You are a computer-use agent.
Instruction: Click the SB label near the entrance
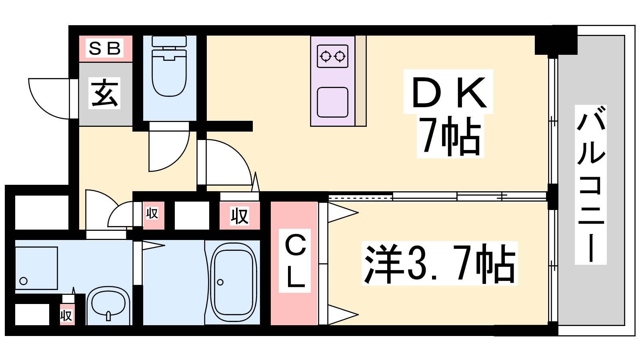105,48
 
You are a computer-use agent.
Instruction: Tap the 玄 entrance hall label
105,93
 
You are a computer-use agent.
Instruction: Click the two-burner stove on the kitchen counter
332,56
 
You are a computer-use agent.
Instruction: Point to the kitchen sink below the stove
332,102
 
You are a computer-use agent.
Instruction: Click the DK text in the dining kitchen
448,92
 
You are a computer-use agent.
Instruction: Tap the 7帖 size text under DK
450,136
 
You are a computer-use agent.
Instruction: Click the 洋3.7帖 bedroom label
440,264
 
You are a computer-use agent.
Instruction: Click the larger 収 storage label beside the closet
240,216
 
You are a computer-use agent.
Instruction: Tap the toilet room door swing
168,150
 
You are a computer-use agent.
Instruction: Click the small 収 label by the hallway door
152,214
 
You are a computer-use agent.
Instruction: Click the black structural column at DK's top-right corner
556,40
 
